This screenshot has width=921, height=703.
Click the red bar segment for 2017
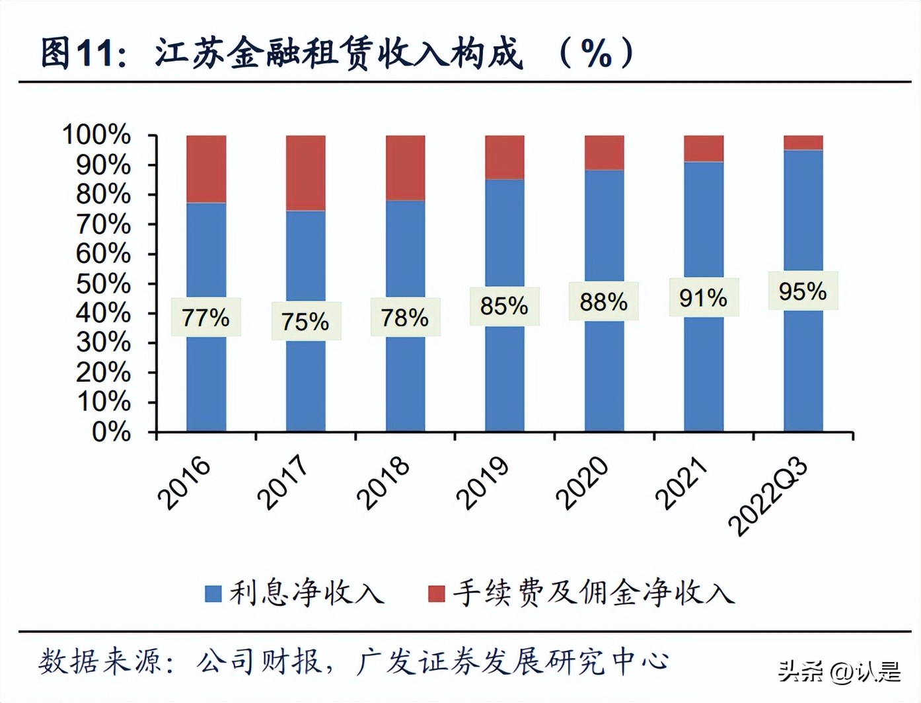(305, 173)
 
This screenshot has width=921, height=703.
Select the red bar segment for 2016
(206, 169)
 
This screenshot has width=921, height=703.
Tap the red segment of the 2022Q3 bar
(803, 143)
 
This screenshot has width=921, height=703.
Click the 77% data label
(205, 318)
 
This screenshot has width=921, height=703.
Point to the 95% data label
(802, 291)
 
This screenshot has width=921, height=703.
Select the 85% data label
(504, 306)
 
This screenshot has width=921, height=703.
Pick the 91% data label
(703, 298)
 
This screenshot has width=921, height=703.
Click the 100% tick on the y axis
(96, 135)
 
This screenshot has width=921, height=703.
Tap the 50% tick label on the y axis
(103, 283)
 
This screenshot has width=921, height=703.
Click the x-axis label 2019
(483, 483)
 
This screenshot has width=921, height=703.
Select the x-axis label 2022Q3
(768, 496)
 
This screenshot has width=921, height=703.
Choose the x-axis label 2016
(184, 483)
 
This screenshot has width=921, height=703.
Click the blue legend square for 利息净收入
(213, 593)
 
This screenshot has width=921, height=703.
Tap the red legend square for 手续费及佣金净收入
(436, 593)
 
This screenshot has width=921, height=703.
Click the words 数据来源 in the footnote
(99, 661)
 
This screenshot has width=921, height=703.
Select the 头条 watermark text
(801, 672)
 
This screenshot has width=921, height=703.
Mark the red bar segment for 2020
(604, 153)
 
